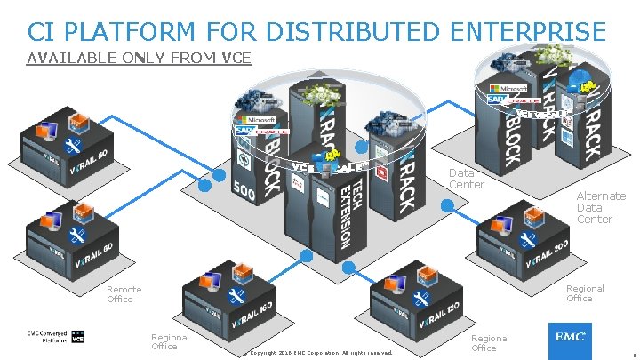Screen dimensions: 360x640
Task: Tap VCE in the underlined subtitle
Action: pos(236,60)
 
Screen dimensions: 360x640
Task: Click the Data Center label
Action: pos(466,179)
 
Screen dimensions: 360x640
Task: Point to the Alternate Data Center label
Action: pos(600,207)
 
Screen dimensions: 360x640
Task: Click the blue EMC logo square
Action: pos(570,339)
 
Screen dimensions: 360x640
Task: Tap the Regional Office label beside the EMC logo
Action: pos(490,343)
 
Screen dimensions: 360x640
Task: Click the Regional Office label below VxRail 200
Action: pos(585,293)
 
